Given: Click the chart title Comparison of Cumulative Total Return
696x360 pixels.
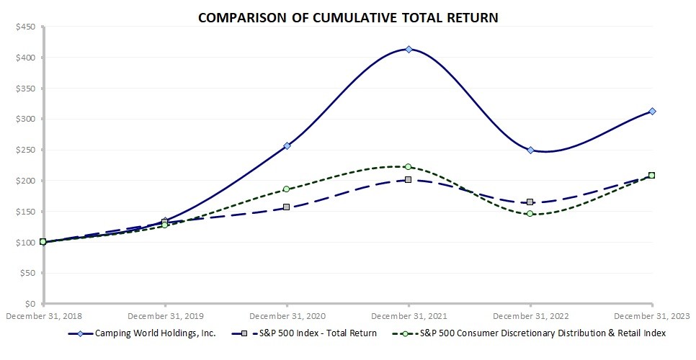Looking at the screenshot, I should point(347,16).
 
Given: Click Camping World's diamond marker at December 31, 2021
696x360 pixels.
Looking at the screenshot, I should point(409,49).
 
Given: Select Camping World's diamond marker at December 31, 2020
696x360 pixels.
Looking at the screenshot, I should point(287,145).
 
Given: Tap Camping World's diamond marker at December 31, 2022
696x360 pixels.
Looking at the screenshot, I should point(530,150).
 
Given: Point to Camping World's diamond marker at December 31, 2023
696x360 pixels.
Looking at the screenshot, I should point(652,111).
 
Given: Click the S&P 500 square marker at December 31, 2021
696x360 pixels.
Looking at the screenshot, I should point(409,179).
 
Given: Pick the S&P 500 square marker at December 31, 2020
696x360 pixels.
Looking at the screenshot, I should point(287,207).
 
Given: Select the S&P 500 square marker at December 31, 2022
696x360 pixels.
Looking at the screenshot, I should point(530,202).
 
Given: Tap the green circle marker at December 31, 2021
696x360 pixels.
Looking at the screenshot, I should point(409,166).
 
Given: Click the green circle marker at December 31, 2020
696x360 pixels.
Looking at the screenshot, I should point(287,189).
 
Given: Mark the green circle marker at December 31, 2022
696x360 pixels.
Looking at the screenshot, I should point(530,213).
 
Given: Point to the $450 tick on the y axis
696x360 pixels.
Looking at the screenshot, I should point(26,27).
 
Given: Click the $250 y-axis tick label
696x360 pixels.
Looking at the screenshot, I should point(26,150).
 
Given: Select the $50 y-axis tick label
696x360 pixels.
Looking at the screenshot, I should point(28,274).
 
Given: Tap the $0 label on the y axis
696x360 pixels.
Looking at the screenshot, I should point(31,305).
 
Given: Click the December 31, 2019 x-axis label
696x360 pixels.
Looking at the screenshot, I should point(165,315).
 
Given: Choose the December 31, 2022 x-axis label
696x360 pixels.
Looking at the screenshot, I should point(530,315).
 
